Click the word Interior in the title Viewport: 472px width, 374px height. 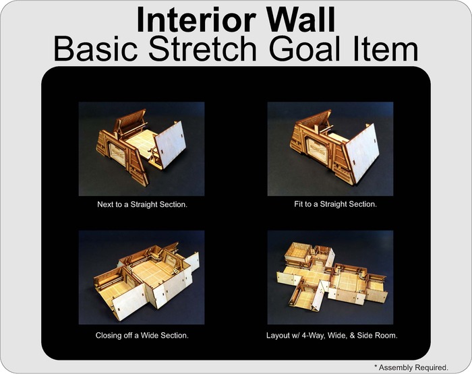click(196, 20)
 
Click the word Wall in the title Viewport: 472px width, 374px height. click(301, 20)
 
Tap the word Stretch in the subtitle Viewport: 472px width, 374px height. click(202, 49)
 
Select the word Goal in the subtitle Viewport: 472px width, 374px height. click(305, 49)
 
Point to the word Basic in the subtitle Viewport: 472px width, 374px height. click(96, 49)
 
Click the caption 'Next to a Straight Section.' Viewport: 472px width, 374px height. click(142, 205)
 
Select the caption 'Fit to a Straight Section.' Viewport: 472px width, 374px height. click(335, 204)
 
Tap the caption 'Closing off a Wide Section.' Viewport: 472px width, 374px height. click(142, 336)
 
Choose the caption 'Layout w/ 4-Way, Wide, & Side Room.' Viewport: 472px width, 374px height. click(332, 336)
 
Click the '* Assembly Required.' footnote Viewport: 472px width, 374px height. click(411, 367)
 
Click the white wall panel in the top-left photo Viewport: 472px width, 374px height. click(170, 145)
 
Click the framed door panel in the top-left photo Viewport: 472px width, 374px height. click(116, 154)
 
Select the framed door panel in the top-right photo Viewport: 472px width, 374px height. click(318, 149)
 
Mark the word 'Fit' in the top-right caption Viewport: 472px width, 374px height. click(298, 204)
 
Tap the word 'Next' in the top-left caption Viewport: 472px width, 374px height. click(104, 205)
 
